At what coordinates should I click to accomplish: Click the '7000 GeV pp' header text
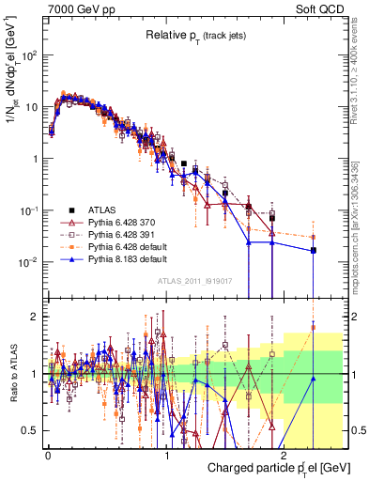pyautogui.click(x=75, y=8)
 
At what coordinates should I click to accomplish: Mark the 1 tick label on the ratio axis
pyautogui.click(x=35, y=374)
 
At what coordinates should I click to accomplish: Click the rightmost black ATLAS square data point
pyautogui.click(x=314, y=251)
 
